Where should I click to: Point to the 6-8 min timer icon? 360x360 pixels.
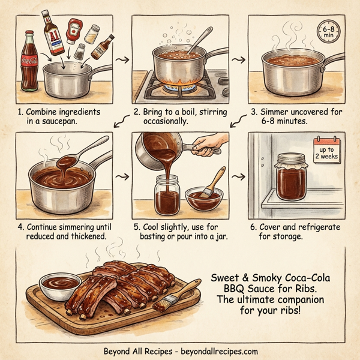[329, 32]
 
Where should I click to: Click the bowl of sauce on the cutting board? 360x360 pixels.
[59, 281]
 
